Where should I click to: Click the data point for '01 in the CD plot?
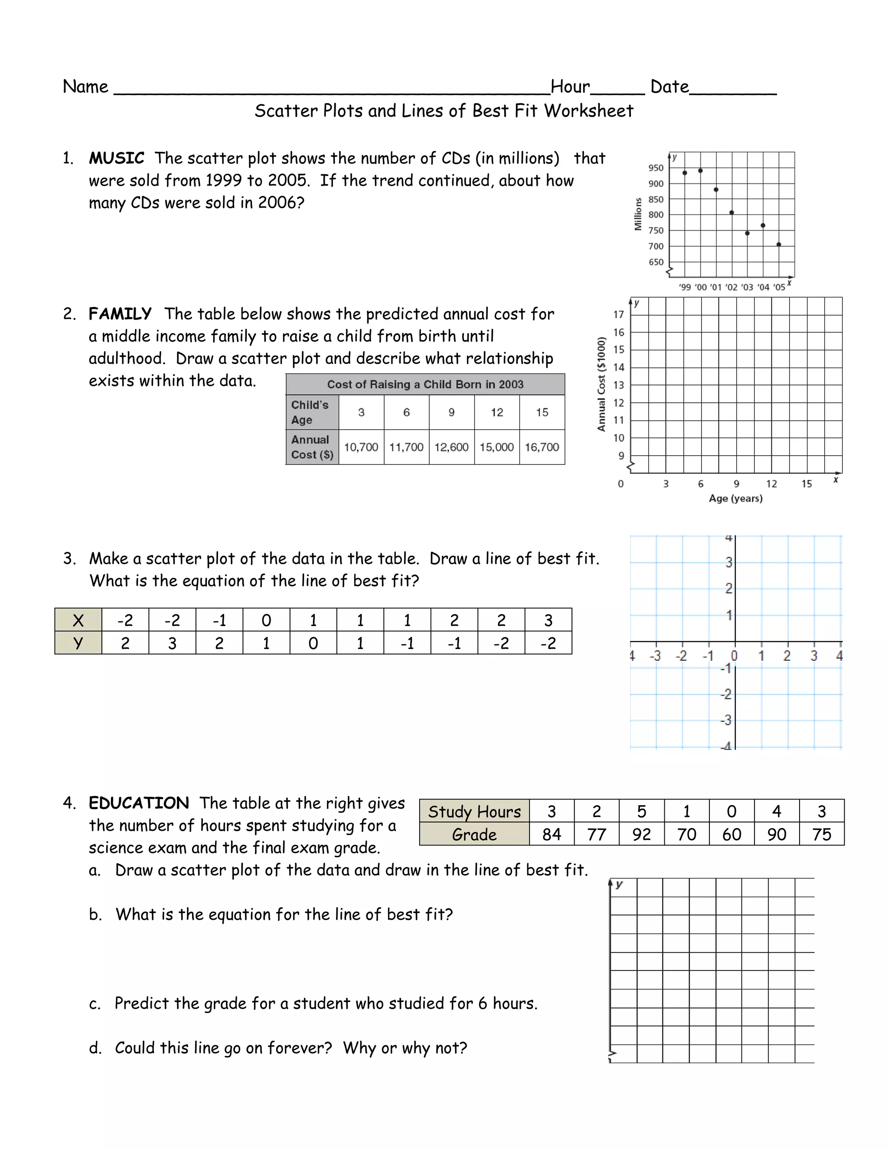coord(716,189)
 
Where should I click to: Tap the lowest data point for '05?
coord(779,244)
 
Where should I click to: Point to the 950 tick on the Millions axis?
coord(656,168)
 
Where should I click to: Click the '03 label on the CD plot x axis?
coord(747,287)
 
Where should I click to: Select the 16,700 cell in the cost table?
coord(542,447)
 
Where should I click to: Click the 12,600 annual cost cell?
coord(451,447)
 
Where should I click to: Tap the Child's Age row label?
coord(310,412)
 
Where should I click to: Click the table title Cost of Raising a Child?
coord(425,385)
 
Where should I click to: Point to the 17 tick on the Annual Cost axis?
coord(619,315)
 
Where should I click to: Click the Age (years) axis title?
coord(735,498)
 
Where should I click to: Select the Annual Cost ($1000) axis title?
coord(602,384)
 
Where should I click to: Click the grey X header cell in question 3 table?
coord(78,620)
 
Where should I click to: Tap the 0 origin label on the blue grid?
coord(735,656)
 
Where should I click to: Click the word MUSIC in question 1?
coord(116,158)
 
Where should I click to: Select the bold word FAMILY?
coord(120,314)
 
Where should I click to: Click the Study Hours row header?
coord(474,811)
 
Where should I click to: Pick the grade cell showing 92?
coord(641,834)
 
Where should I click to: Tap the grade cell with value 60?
coord(731,834)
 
